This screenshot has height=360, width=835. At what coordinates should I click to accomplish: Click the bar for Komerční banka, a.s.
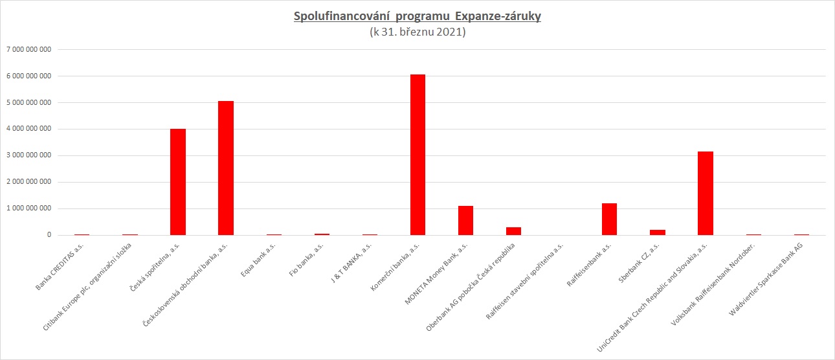coord(417,155)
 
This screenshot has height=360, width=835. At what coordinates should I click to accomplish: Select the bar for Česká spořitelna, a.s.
coord(178,182)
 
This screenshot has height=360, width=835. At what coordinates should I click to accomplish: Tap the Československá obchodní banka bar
coord(226,168)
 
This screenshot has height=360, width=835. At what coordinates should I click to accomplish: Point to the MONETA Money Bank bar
coord(465,220)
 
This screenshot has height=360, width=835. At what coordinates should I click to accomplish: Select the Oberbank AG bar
coord(513,231)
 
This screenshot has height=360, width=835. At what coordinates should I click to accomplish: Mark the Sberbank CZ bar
coord(658,232)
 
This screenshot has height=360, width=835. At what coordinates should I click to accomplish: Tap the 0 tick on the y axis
coord(49,235)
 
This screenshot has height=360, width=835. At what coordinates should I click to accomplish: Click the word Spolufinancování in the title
coord(336,16)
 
